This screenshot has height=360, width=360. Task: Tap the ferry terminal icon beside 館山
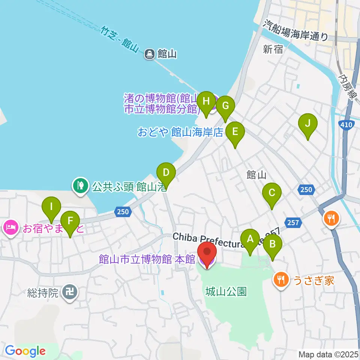pos(150,54)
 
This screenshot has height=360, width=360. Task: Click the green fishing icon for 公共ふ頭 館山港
pos(80,185)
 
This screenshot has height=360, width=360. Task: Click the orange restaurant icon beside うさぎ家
pos(281,279)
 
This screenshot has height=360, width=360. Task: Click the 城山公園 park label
pos(226,291)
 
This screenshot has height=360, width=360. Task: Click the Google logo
pos(25,351)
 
